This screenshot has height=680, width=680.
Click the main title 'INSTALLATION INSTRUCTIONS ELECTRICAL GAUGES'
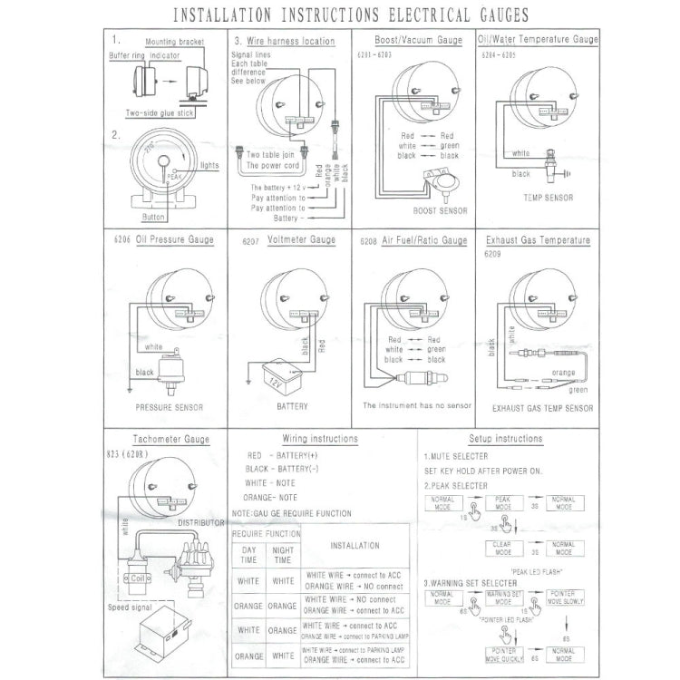340,15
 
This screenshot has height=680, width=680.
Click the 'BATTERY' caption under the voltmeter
292,407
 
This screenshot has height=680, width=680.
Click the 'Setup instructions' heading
506,439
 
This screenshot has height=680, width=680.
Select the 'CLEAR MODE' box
501,549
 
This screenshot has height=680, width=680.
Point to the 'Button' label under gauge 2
154,218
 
